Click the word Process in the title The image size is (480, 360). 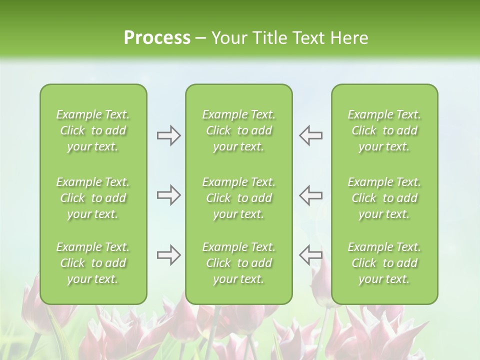pos(157,38)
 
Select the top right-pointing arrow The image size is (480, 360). pos(169,135)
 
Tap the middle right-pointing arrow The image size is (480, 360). pos(169,195)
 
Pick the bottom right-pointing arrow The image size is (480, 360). pos(169,255)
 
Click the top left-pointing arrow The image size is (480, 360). pos(310,135)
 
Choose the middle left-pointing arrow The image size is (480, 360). pos(310,195)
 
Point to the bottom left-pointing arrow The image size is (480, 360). pos(310,255)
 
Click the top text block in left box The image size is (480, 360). pos(93,130)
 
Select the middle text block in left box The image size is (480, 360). pos(93,198)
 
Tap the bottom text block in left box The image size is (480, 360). pos(93,263)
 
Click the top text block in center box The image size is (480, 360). pos(238,130)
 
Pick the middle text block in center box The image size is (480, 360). pos(238,198)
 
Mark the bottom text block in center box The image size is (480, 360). pos(238,263)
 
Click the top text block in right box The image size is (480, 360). pos(384,130)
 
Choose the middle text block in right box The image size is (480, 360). pos(384,198)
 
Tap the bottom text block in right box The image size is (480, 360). pos(384,263)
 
